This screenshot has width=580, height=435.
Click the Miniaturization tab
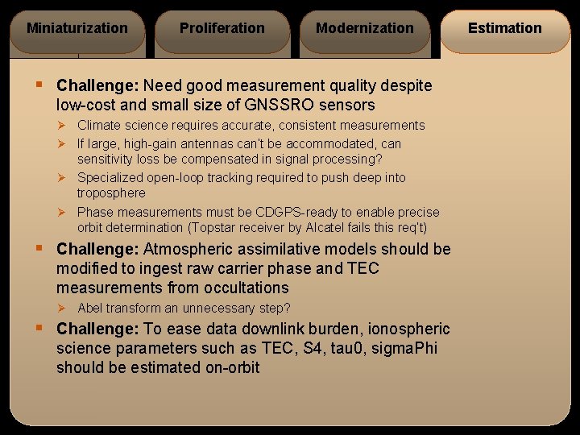pos(77,29)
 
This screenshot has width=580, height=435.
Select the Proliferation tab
pos(222,29)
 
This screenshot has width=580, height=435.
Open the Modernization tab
pos(365,29)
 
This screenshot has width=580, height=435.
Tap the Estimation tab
pos(505,29)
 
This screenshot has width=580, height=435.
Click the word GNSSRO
pos(280,105)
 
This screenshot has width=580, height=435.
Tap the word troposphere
pos(111,193)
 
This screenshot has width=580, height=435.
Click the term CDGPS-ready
pos(292,213)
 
